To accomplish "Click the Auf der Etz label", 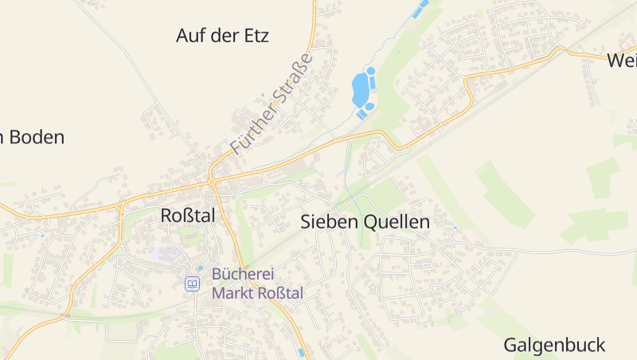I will tap(222, 36).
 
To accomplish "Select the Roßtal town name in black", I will tap(188, 216).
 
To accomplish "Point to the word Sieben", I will tap(329, 222).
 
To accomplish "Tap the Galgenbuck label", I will tap(554, 346).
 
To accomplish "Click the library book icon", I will tap(192, 284).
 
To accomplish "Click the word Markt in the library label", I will tap(233, 293).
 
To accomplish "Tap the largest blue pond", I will tap(361, 88).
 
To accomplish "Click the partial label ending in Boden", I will tap(32, 137).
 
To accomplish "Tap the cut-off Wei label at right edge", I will tap(621, 61).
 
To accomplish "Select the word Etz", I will tap(256, 36).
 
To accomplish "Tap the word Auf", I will tap(190, 36).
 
